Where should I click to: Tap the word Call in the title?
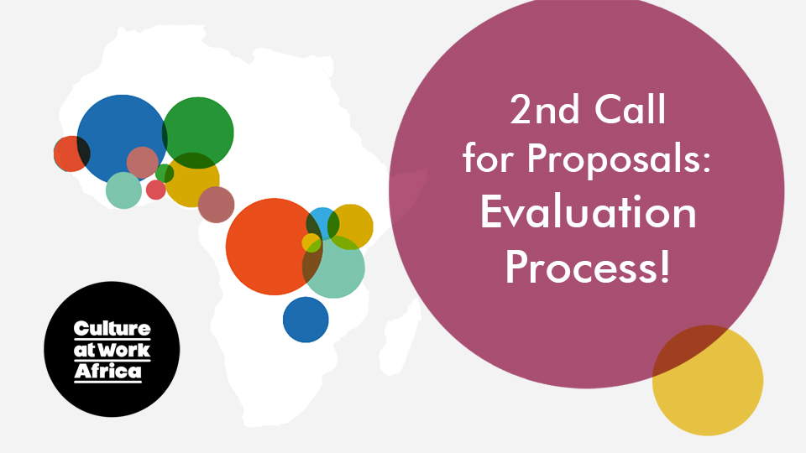click(x=631, y=109)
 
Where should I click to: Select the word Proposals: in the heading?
click(x=619, y=159)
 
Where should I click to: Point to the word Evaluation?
click(x=588, y=212)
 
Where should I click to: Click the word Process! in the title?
click(x=588, y=267)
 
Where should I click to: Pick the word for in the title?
click(x=489, y=159)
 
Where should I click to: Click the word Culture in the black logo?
click(x=112, y=329)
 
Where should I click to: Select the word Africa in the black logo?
click(x=108, y=371)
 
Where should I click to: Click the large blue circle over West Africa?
click(x=122, y=138)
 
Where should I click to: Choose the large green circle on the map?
click(x=198, y=133)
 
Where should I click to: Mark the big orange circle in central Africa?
click(x=274, y=247)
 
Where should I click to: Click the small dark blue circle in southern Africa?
click(x=306, y=320)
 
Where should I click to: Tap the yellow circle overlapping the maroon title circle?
click(x=708, y=380)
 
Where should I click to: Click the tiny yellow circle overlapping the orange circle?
click(x=311, y=242)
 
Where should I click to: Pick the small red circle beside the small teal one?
click(x=156, y=190)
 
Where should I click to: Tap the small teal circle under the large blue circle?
click(x=124, y=190)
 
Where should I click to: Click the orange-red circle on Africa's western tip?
click(x=71, y=154)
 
